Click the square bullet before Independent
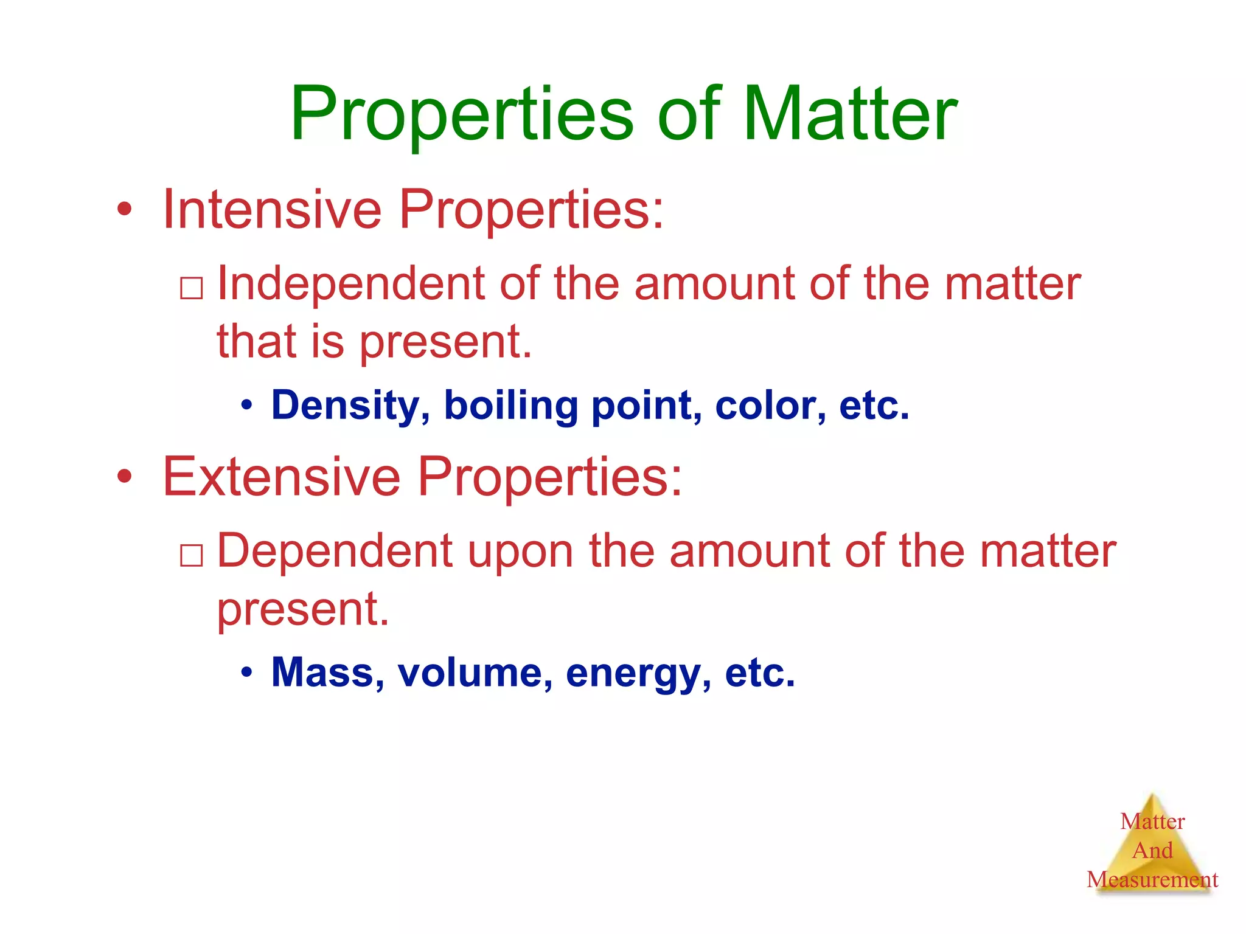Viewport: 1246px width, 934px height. point(192,288)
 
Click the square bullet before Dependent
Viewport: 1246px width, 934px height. point(192,555)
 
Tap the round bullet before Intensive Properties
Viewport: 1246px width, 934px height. point(125,210)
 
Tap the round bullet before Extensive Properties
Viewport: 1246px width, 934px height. point(125,477)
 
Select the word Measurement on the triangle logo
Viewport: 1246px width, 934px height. point(1152,879)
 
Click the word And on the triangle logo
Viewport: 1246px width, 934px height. point(1152,850)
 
